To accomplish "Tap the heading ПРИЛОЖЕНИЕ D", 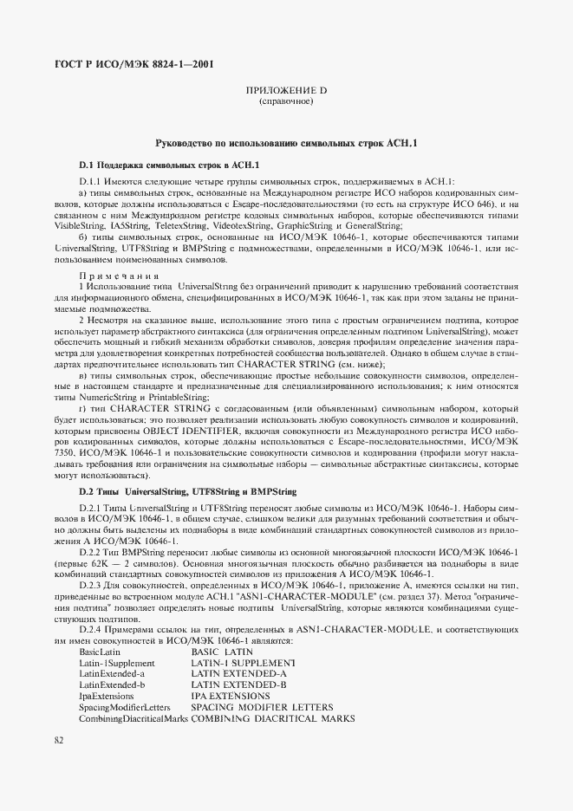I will pyautogui.click(x=286, y=90).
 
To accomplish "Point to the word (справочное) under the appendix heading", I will pyautogui.click(x=286, y=101).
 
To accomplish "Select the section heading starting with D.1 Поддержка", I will pyautogui.click(x=170, y=164).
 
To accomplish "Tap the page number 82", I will pyautogui.click(x=59, y=739).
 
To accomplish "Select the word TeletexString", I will pyautogui.click(x=181, y=224).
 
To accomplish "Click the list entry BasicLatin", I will pyautogui.click(x=101, y=652).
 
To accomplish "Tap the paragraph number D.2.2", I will pyautogui.click(x=93, y=552).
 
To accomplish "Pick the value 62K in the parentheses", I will pyautogui.click(x=110, y=563).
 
